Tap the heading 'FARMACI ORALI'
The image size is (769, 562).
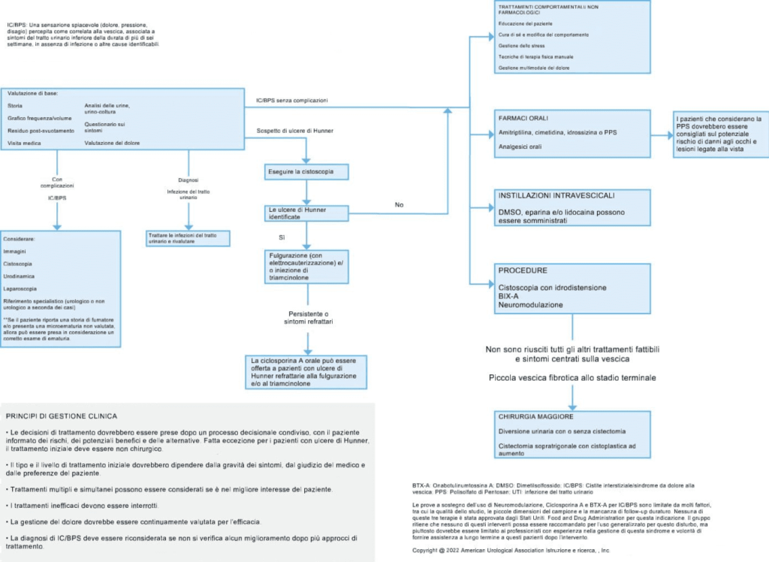click(x=523, y=119)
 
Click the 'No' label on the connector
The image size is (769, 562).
click(x=399, y=204)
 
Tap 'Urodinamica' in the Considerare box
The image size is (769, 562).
click(x=20, y=276)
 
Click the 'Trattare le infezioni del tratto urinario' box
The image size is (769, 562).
click(x=187, y=238)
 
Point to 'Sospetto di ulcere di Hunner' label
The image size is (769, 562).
click(x=295, y=131)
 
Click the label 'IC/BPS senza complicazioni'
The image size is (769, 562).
click(x=291, y=100)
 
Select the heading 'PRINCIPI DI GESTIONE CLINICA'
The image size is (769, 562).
click(x=61, y=415)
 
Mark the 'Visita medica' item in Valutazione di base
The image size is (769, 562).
click(x=26, y=142)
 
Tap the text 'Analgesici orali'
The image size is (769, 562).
click(x=520, y=147)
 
